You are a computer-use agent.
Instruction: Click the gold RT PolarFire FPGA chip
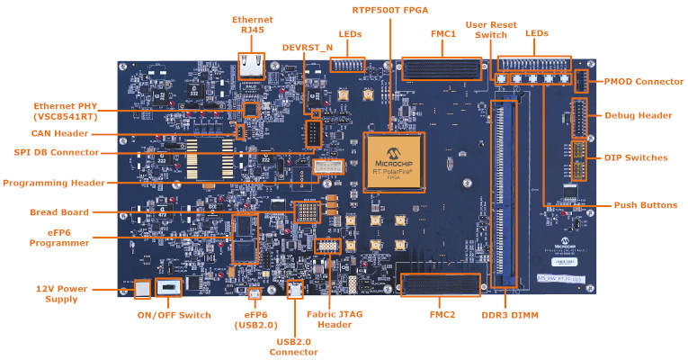click(393, 160)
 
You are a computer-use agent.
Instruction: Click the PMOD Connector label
click(643, 82)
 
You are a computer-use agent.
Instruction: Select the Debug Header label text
click(639, 115)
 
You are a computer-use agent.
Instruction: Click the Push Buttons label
click(645, 205)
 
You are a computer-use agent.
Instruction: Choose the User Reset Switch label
click(491, 31)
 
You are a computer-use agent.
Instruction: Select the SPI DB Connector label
click(51, 152)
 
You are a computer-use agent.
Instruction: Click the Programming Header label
click(53, 183)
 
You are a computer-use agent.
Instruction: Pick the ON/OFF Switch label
click(174, 315)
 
